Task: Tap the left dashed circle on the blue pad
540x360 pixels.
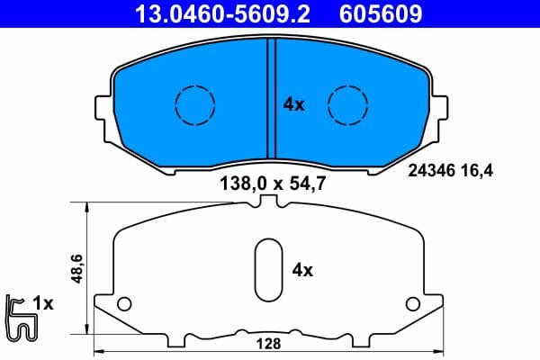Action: click(x=190, y=104)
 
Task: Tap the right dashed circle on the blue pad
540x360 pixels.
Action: click(x=346, y=104)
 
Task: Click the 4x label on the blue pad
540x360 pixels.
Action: click(x=294, y=104)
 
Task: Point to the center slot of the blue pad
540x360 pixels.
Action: click(x=269, y=99)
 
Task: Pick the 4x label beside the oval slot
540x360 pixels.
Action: click(x=303, y=269)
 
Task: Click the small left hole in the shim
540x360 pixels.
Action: click(x=125, y=302)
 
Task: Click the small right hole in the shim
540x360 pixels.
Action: click(x=412, y=302)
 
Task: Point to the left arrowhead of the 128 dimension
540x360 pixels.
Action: click(x=99, y=352)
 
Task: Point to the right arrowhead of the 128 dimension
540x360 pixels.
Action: click(x=440, y=352)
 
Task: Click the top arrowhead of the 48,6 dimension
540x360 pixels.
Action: click(x=86, y=206)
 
